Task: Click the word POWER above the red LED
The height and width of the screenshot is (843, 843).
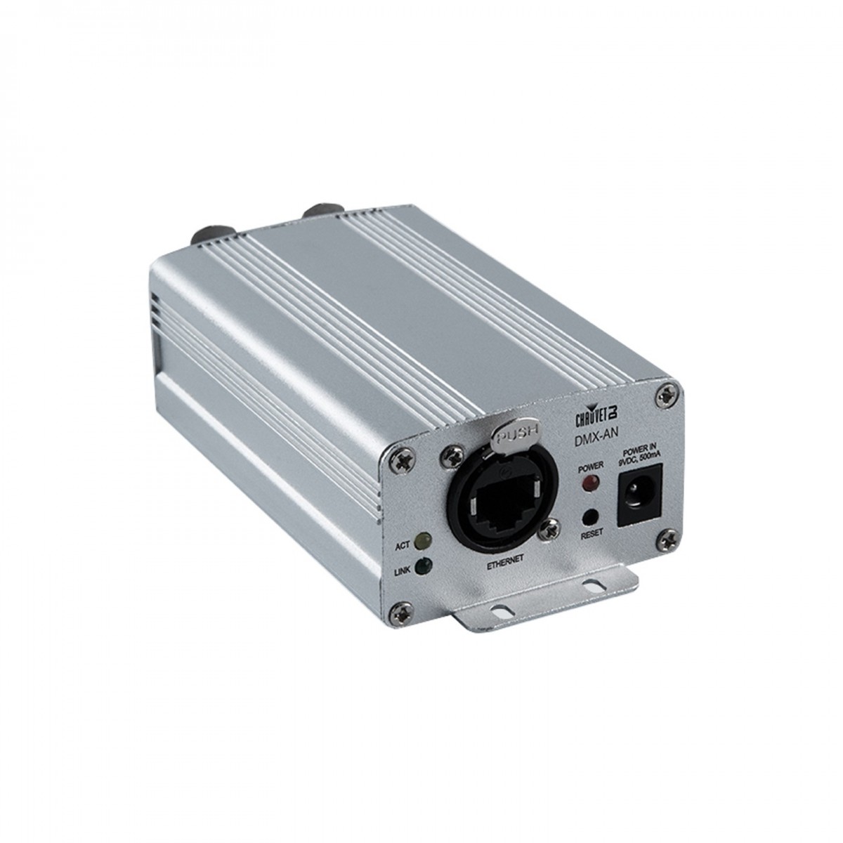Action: [591, 466]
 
